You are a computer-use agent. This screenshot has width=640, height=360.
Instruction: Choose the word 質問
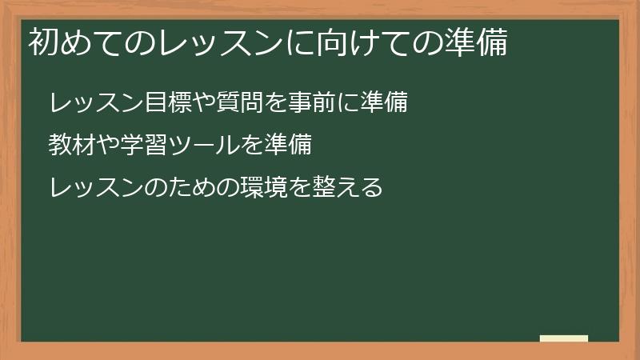click(240, 103)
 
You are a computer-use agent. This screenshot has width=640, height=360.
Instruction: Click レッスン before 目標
click(95, 103)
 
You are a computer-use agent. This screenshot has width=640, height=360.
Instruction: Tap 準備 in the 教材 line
click(287, 146)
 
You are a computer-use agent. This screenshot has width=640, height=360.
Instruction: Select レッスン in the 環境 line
click(95, 188)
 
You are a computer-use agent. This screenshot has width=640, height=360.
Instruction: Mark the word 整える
click(348, 188)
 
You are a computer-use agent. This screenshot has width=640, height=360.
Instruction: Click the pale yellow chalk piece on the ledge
click(564, 338)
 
